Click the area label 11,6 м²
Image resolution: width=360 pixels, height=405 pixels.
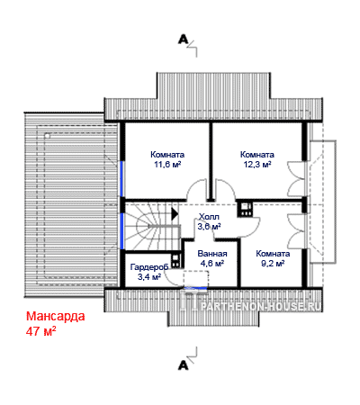click(x=167, y=165)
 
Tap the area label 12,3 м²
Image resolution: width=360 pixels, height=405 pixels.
click(x=257, y=165)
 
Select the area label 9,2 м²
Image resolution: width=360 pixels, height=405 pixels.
click(x=273, y=264)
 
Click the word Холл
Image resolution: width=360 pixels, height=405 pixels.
click(x=209, y=217)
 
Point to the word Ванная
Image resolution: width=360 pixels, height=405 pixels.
click(x=212, y=254)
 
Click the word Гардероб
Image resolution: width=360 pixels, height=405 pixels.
click(x=148, y=266)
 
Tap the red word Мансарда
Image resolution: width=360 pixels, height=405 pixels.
click(x=56, y=316)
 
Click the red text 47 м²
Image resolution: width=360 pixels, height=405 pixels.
click(x=41, y=331)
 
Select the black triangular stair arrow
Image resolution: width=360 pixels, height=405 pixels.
click(x=175, y=214)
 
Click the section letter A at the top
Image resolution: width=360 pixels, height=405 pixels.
click(x=183, y=40)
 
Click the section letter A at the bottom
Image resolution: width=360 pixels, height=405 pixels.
click(x=183, y=365)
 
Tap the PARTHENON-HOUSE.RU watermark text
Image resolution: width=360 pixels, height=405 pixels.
click(x=260, y=306)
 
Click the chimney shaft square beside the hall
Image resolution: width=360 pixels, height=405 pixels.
click(x=246, y=209)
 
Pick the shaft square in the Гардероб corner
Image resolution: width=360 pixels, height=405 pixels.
click(x=175, y=261)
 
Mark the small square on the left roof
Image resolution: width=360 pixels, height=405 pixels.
click(x=48, y=136)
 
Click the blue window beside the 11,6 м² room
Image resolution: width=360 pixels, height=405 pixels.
click(x=121, y=179)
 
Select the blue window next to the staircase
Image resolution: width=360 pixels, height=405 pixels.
click(x=121, y=231)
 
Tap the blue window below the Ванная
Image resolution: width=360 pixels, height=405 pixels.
click(x=195, y=288)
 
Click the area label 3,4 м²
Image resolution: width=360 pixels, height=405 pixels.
click(x=148, y=277)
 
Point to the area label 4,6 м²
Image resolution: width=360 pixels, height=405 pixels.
click(x=212, y=264)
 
